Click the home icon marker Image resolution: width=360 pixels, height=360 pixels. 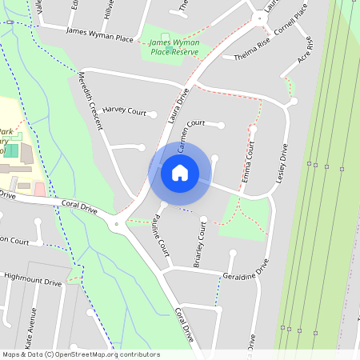(x=180, y=172)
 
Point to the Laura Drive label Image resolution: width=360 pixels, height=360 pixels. (x=178, y=104)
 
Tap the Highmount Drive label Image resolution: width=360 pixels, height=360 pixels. (x=32, y=281)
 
